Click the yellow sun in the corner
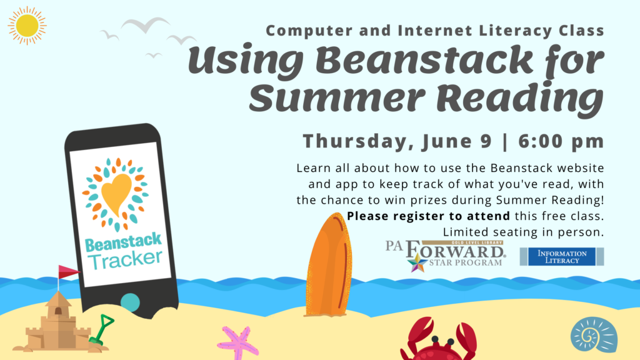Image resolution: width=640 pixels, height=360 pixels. tap(27, 26)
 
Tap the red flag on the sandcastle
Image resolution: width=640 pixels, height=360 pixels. tap(67, 272)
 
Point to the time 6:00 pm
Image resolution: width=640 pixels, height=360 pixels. tap(561, 141)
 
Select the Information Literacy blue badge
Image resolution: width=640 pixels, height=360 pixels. tap(562, 256)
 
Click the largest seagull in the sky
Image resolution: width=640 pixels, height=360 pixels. tap(145, 25)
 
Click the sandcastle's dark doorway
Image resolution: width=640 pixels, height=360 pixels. tap(59, 311)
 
